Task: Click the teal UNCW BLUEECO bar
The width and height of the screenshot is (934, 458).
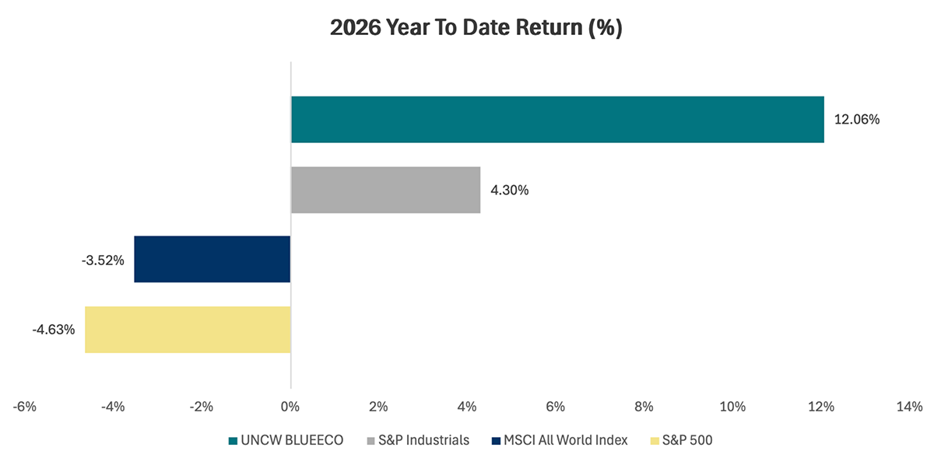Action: pyautogui.click(x=557, y=120)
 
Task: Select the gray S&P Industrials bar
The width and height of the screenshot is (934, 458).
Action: pyautogui.click(x=385, y=190)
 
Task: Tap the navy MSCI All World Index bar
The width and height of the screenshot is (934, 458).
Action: pyautogui.click(x=212, y=260)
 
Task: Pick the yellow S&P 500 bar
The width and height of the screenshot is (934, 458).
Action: pyautogui.click(x=188, y=330)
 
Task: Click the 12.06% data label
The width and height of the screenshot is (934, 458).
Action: pyautogui.click(x=856, y=120)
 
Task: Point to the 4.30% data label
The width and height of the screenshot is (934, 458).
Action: pyautogui.click(x=509, y=190)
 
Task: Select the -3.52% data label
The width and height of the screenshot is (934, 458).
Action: pyautogui.click(x=103, y=260)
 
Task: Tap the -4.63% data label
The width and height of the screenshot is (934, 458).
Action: pyautogui.click(x=54, y=330)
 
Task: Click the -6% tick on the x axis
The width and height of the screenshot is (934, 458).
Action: pyautogui.click(x=26, y=406)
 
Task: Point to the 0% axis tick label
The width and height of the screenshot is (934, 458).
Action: pyautogui.click(x=290, y=406)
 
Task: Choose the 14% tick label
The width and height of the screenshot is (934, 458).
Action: pyautogui.click(x=908, y=406)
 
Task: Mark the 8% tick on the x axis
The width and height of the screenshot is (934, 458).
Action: pyautogui.click(x=644, y=406)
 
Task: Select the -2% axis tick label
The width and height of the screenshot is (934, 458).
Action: pyautogui.click(x=202, y=406)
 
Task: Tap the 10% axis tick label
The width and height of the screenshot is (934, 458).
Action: pyautogui.click(x=732, y=406)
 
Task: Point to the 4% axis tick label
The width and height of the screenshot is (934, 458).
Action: pyautogui.click(x=467, y=406)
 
